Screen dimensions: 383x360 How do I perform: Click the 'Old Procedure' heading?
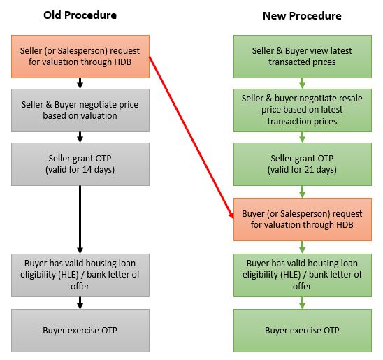[80, 15]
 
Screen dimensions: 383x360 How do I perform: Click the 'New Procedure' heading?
[302, 16]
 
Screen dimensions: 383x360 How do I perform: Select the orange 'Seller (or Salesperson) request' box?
[80, 57]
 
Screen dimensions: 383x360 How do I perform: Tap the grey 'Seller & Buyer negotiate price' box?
[80, 110]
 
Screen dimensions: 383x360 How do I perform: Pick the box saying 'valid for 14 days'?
[80, 164]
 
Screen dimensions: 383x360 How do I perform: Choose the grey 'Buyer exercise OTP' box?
[80, 331]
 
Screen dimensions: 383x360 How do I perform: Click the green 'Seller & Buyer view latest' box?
[303, 57]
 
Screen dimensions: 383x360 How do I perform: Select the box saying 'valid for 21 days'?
[303, 164]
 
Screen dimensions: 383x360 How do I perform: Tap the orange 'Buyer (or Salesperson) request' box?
[303, 219]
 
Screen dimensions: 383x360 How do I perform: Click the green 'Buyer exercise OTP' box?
[303, 331]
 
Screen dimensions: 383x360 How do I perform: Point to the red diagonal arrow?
[191, 137]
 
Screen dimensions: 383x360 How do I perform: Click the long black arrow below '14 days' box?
[80, 219]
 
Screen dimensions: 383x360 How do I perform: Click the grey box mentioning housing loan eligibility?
[80, 275]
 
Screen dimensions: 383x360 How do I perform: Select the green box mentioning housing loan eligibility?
[303, 275]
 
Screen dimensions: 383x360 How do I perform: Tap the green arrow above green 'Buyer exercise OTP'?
[302, 303]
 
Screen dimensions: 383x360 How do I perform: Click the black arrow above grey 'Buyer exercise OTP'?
[80, 303]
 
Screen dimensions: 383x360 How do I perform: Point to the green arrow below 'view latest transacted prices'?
[302, 83]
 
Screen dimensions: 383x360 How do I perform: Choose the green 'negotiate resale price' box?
[303, 110]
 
